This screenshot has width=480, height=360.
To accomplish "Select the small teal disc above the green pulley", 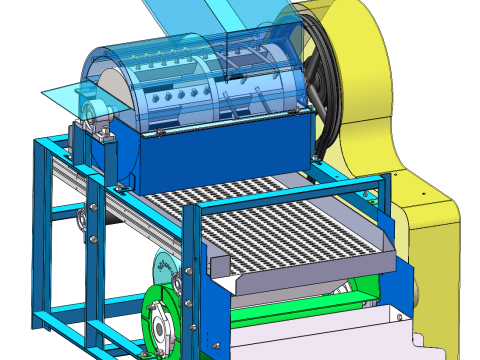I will coord(162,268).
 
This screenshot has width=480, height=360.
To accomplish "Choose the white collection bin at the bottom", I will coord(330,335).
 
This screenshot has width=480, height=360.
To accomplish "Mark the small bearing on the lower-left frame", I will coord(81,219).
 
